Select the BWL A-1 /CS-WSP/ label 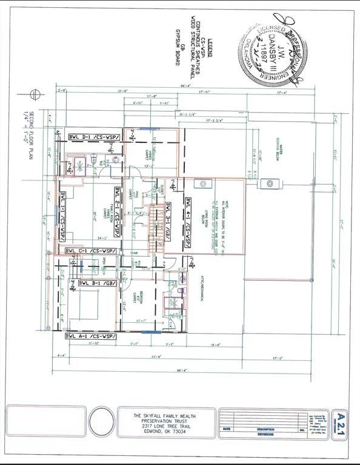93,335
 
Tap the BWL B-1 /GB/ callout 97,283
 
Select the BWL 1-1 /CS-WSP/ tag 63,216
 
